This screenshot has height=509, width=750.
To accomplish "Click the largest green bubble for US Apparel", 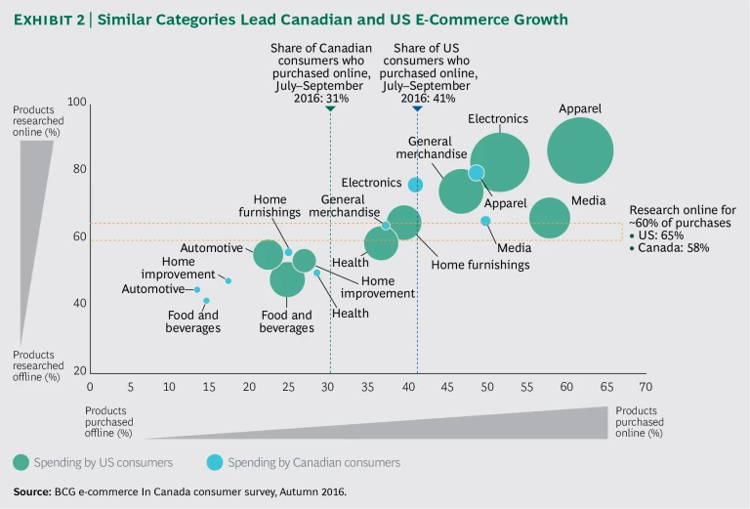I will point(580,150).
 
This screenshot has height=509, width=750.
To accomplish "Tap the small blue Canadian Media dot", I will point(485,221).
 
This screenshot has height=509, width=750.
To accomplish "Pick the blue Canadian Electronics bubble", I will point(415,185).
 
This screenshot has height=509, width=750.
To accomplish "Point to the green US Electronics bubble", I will point(499,162).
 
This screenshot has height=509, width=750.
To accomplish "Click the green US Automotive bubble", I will point(269,254).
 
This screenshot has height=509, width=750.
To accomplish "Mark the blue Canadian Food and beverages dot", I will point(206,301).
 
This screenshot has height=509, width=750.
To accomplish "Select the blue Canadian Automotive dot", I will point(197,289).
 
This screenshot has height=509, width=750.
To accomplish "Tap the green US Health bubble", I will point(381,242).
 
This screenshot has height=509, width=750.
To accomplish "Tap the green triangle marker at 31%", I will point(330,108).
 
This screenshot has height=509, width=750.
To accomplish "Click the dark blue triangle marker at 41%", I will point(417,108).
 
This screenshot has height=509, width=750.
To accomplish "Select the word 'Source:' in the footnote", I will point(33,491).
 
